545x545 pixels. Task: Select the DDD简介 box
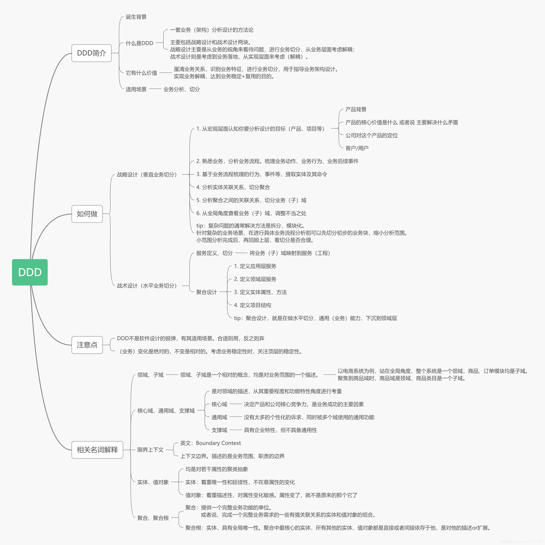tap(91, 53)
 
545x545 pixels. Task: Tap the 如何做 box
tap(87, 214)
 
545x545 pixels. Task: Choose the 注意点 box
tap(87, 345)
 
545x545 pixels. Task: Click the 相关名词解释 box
tap(97, 450)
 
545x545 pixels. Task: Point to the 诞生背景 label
tap(136, 17)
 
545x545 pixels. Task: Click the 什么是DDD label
tap(139, 43)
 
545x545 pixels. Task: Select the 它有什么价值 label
tap(141, 73)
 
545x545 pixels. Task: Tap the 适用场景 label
tap(136, 89)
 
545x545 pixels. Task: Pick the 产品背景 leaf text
tap(356, 110)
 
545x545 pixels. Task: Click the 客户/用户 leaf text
tap(357, 148)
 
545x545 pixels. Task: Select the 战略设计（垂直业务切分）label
tap(147, 175)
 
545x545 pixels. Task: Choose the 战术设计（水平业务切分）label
tap(147, 286)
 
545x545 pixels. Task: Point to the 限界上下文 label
tap(150, 450)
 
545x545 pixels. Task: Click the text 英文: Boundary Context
tap(211, 443)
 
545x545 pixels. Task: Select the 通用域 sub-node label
tap(219, 417)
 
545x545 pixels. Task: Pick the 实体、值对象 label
tap(153, 482)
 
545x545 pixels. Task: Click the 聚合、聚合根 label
tap(153, 518)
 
